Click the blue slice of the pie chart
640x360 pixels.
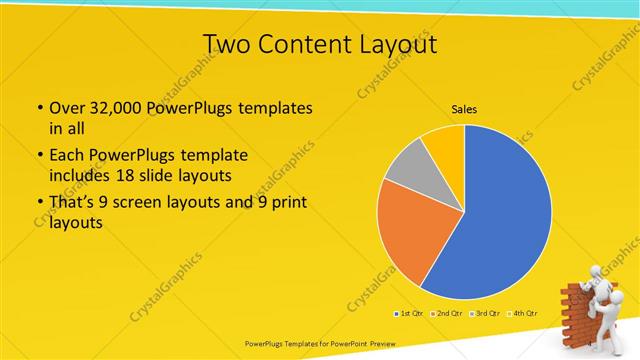pos(500,220)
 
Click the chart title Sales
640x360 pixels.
pos(464,109)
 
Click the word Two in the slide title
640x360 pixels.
pos(226,44)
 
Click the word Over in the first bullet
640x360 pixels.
pos(66,108)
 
